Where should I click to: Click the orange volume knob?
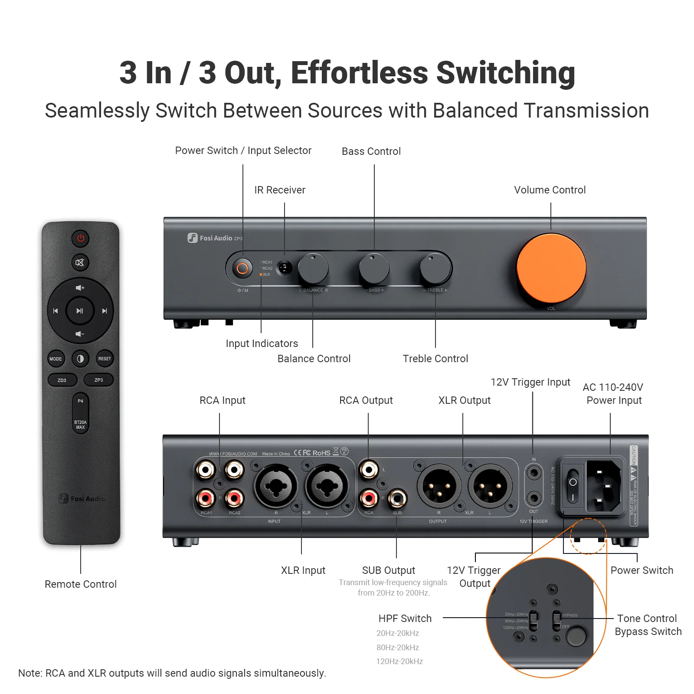551,268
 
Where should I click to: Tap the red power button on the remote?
80,238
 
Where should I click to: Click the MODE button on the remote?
56,359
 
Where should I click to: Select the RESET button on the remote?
105,359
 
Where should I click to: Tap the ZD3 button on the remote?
62,380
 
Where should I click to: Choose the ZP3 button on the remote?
99,380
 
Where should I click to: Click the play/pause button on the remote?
80,311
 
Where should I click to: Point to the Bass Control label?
371,151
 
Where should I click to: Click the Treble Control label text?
435,359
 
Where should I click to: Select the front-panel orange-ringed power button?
242,268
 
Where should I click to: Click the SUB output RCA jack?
397,498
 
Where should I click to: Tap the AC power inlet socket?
603,486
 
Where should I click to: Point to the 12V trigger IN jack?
534,473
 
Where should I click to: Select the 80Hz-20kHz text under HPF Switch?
397,647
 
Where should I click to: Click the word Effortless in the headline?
359,73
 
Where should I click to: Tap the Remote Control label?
81,584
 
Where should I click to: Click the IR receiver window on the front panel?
285,268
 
